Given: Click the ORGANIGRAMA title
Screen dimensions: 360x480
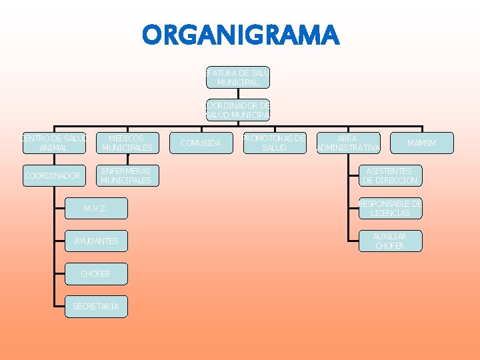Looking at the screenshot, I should (240, 35).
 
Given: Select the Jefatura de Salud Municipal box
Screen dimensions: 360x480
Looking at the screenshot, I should (237, 77).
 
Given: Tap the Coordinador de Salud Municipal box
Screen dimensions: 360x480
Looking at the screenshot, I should (237, 110).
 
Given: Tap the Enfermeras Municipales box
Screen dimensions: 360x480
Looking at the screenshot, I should (127, 176).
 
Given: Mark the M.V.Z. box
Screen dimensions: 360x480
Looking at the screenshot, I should (96, 209).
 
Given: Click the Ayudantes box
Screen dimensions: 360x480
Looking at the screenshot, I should (96, 241).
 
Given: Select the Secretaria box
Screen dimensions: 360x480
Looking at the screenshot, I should (96, 306).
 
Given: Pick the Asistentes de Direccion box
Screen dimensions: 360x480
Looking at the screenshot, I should (389, 176).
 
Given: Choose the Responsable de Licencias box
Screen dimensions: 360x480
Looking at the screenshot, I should (389, 209).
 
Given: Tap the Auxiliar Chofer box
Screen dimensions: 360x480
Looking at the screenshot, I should (389, 241).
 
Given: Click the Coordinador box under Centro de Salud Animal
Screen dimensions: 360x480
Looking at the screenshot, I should (54, 176).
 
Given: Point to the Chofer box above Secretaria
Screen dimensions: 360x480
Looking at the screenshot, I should (96, 273).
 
